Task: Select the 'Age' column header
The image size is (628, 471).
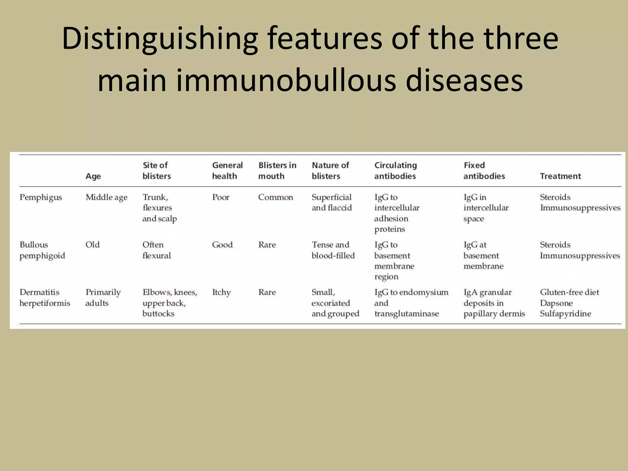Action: click(x=93, y=176)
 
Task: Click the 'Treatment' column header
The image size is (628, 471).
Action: click(x=560, y=176)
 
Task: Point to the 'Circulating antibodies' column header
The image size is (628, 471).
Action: click(x=395, y=170)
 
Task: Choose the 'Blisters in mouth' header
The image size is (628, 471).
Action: click(x=277, y=170)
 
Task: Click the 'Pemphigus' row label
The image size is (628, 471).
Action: click(x=41, y=197)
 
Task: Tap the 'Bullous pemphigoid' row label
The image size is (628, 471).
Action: click(x=42, y=250)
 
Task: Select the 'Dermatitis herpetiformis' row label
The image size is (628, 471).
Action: click(x=45, y=297)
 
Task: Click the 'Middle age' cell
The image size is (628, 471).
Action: click(x=106, y=197)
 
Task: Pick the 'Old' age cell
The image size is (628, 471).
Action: click(x=93, y=245)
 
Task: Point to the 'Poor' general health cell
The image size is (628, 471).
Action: click(x=220, y=197)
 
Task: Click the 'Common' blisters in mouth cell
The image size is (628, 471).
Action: click(x=275, y=197)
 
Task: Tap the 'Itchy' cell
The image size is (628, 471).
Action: click(x=221, y=292)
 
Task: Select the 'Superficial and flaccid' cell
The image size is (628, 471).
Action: click(x=331, y=202)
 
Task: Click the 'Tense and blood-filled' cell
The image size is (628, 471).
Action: click(x=333, y=250)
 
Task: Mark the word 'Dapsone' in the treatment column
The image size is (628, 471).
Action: click(x=556, y=303)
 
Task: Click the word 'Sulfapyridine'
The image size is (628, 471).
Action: click(x=565, y=314)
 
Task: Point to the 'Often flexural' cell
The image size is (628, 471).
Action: click(x=156, y=250)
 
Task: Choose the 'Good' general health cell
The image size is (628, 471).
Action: click(x=222, y=245)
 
